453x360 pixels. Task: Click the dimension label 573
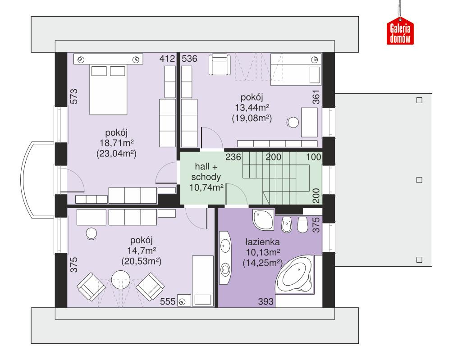(x=75, y=97)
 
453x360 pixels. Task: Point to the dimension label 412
(x=167, y=59)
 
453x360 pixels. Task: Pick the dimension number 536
(x=189, y=59)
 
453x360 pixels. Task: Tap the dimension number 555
(x=167, y=302)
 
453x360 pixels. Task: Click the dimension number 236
(x=233, y=157)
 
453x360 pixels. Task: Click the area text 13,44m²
(x=252, y=108)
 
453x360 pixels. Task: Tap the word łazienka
(x=264, y=242)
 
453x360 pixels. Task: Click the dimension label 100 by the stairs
(x=314, y=157)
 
